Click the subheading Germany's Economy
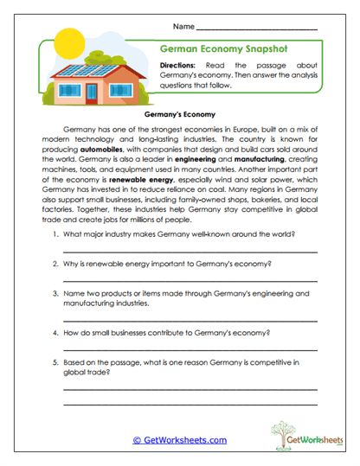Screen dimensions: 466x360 [180, 113]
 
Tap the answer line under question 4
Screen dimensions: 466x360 [190, 348]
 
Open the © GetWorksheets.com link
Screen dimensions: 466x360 [179, 439]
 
